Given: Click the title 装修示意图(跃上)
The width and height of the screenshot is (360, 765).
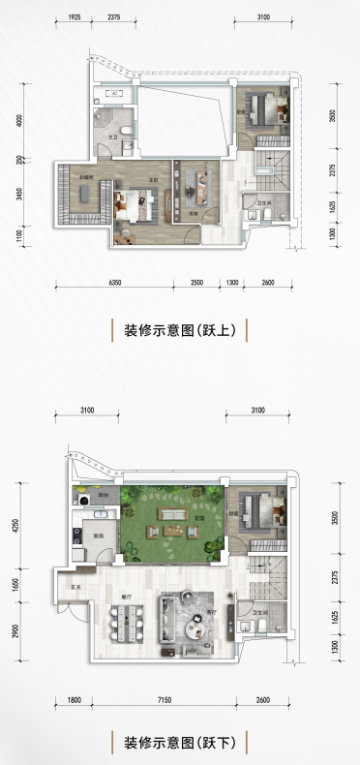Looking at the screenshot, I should [179, 329].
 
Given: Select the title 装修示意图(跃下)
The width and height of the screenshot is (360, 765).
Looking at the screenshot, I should [179, 743].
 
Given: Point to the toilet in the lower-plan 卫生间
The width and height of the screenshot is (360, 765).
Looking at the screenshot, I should [264, 627].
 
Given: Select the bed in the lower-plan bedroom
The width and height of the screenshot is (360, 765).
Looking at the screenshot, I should [256, 507].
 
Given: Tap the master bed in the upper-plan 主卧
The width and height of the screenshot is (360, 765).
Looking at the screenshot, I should [134, 204].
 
